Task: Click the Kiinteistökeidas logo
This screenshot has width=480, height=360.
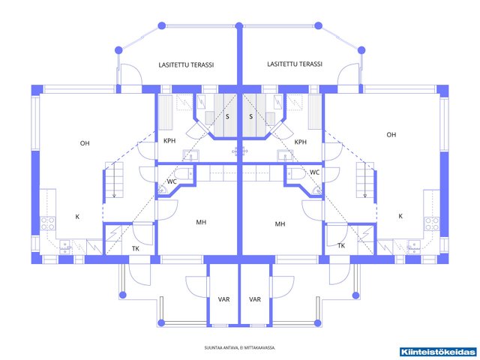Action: click(439, 352)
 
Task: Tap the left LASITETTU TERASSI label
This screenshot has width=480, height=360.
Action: click(186, 65)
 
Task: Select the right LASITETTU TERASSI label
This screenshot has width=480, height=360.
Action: click(295, 64)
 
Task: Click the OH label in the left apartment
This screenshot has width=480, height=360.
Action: click(85, 143)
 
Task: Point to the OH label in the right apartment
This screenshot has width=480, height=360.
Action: click(391, 135)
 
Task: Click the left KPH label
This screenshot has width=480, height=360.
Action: click(169, 141)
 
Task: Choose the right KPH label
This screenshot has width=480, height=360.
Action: click(300, 142)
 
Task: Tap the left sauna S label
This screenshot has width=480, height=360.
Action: click(227, 116)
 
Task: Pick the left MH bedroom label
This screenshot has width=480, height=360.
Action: click(201, 222)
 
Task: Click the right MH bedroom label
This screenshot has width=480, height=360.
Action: click(280, 224)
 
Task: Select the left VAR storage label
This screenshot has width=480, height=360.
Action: click(223, 299)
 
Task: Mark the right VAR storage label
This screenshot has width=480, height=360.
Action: click(255, 299)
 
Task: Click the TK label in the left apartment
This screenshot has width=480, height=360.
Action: click(136, 248)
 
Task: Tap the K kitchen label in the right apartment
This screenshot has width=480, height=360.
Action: click(400, 216)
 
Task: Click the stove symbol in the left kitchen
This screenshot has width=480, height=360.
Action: click(48, 223)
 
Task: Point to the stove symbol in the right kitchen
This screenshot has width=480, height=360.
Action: click(432, 224)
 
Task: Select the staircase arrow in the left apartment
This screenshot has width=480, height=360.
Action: click(114, 180)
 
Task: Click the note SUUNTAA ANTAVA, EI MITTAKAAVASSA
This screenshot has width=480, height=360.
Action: click(240, 348)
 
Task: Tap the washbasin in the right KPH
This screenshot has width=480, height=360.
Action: click(285, 155)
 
